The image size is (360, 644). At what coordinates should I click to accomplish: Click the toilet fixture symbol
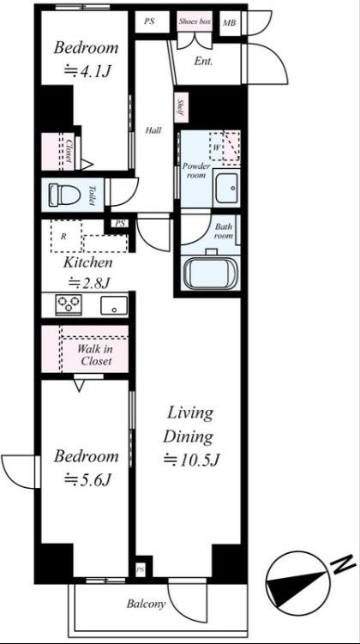(64, 195)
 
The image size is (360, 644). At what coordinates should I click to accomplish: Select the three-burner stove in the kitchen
(68, 304)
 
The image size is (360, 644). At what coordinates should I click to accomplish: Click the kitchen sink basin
(114, 305)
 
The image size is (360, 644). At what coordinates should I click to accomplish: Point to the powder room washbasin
(225, 188)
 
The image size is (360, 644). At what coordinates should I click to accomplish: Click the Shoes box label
(195, 21)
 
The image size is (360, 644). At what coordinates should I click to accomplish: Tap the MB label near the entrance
(230, 22)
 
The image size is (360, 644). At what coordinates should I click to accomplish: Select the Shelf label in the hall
(181, 107)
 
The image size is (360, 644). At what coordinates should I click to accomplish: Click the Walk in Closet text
(96, 356)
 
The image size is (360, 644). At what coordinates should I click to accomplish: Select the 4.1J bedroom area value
(87, 71)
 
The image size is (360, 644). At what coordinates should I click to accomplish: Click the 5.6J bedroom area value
(87, 479)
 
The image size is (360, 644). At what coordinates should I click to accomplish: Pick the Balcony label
(146, 604)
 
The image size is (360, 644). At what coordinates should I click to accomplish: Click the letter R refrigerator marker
(63, 237)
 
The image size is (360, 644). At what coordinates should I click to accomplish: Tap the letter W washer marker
(215, 147)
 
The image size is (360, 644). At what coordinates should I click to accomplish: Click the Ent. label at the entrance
(203, 62)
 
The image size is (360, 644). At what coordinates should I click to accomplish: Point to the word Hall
(153, 131)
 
